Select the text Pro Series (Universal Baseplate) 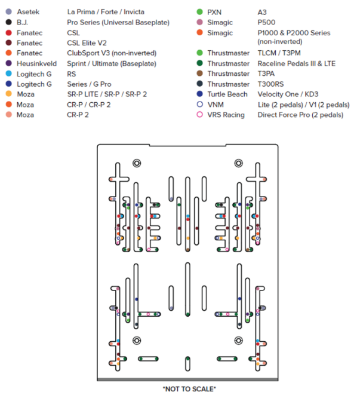[x=118, y=22]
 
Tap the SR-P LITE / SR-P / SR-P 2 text [x=107, y=94]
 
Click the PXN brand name [x=214, y=11]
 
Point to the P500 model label [x=267, y=22]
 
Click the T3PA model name [x=267, y=74]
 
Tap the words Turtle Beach [x=227, y=94]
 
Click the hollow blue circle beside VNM [x=199, y=105]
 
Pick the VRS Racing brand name [x=226, y=115]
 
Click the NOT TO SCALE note [x=189, y=388]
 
